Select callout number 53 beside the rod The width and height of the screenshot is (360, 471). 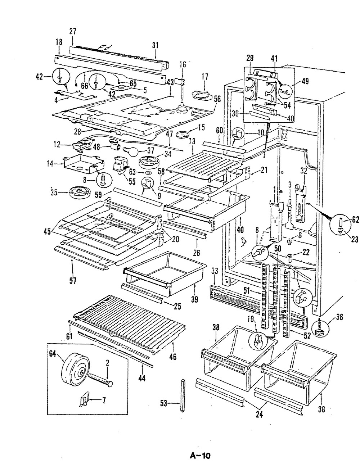click(164, 404)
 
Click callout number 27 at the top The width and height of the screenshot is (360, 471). click(73, 31)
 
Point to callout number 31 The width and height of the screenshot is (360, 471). click(155, 45)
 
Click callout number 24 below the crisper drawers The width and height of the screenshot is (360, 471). click(259, 415)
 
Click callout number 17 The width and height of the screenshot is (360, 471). click(205, 77)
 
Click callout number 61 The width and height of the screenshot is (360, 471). click(69, 336)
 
